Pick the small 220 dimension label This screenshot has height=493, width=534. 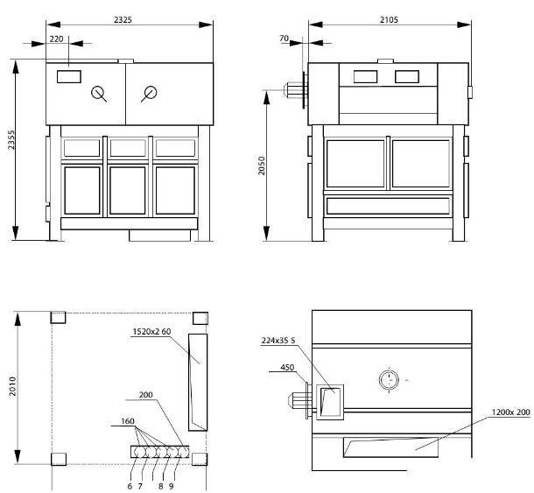(x=55, y=39)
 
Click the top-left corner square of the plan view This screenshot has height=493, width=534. (x=59, y=318)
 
